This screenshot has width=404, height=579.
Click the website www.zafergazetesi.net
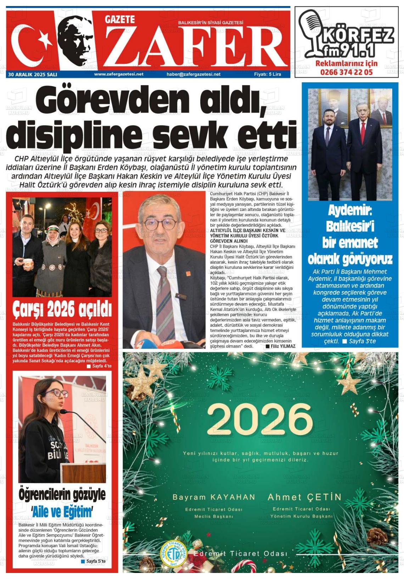(x=119, y=74)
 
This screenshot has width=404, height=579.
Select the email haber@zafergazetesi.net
(x=193, y=74)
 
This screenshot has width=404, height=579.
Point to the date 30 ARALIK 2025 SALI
(x=33, y=74)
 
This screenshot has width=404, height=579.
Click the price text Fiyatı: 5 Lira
(x=268, y=74)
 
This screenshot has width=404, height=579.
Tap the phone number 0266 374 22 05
(x=346, y=72)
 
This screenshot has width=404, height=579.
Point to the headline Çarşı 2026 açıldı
(x=62, y=309)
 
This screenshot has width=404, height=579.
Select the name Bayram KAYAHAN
(x=214, y=497)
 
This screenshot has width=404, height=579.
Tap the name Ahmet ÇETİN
(x=304, y=497)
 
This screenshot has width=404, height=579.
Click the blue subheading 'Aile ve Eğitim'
(x=62, y=512)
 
